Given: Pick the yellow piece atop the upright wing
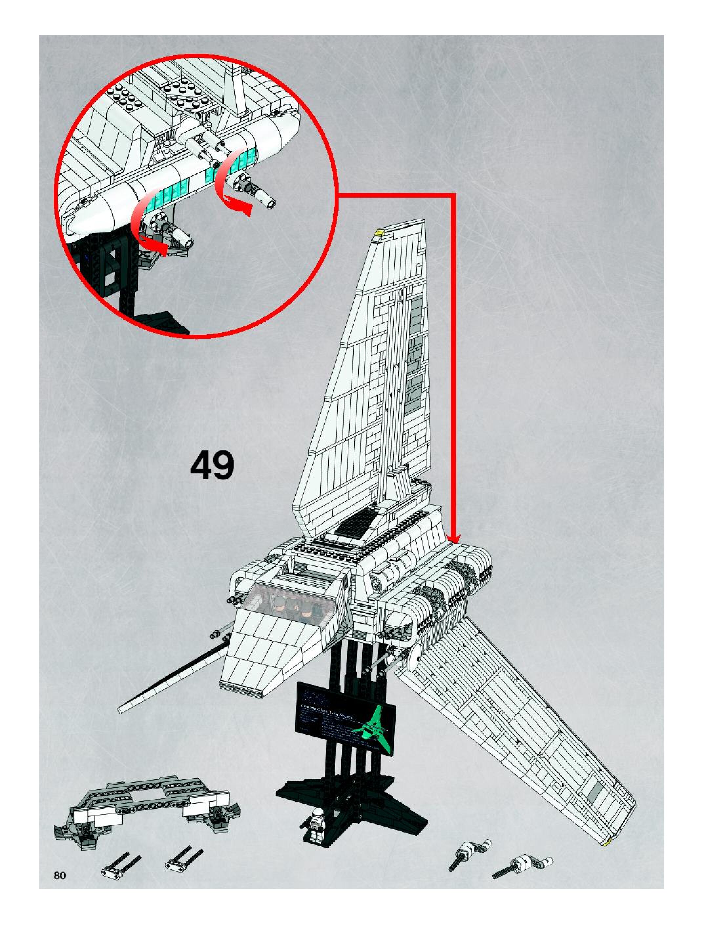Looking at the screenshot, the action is coord(379,231).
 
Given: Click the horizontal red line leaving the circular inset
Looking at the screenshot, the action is coord(396,194).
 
